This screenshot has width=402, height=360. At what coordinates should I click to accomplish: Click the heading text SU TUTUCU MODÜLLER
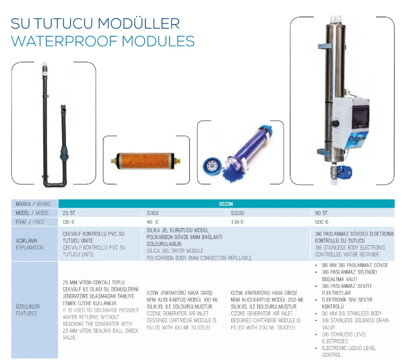point(95,23)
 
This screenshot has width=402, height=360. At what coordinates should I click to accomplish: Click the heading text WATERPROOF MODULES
point(103,41)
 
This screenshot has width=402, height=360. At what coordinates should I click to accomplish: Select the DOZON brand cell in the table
point(226,204)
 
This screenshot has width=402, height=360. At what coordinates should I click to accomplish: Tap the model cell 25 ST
point(69,213)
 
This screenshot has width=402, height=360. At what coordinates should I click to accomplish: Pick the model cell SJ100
point(152,213)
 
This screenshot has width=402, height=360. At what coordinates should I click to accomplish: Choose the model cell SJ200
point(237,213)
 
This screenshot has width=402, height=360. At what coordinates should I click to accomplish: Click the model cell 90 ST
point(321,213)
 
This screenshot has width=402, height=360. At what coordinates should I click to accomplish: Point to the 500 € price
point(321,222)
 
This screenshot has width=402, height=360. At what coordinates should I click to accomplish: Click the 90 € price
point(153,222)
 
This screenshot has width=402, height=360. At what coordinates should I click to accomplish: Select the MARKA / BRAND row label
point(33,204)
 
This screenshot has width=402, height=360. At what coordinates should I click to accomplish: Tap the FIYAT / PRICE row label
point(30,222)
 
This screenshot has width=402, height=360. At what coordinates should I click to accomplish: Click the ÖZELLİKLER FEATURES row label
point(28,309)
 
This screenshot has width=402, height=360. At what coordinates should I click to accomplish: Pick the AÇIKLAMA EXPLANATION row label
point(30,244)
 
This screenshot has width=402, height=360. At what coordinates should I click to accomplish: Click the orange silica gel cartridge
point(146,162)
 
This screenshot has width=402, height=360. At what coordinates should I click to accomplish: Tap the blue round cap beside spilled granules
point(211,165)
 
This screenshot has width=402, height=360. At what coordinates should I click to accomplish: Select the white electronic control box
point(351,123)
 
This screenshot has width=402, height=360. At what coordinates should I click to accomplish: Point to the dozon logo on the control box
point(360,142)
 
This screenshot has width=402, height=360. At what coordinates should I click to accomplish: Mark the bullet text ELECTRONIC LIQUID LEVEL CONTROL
point(348,351)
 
